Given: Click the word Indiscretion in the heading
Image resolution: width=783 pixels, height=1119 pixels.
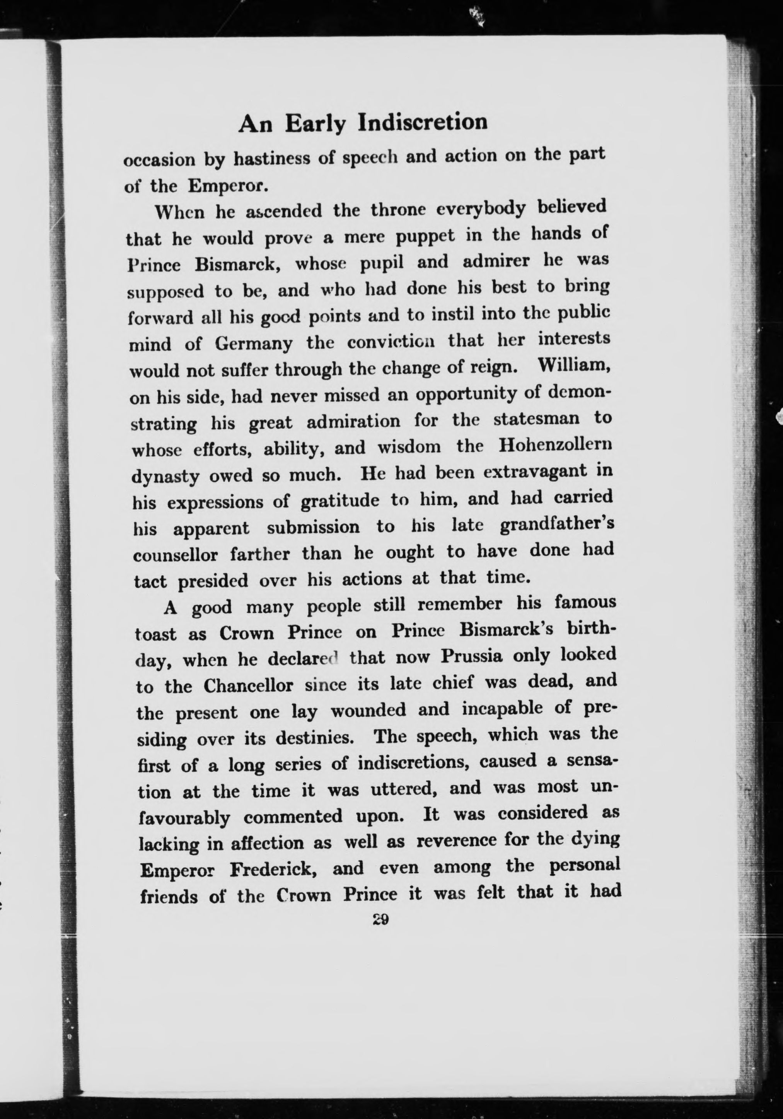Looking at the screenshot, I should pyautogui.click(x=423, y=122).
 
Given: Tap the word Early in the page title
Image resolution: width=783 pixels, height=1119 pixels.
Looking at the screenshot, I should pyautogui.click(x=315, y=124).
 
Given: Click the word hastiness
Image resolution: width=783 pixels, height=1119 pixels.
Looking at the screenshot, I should pyautogui.click(x=272, y=159).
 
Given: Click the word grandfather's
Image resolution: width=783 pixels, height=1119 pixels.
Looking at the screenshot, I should pyautogui.click(x=556, y=525).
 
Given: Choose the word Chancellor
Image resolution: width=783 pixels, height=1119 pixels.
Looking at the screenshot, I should pyautogui.click(x=249, y=686).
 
